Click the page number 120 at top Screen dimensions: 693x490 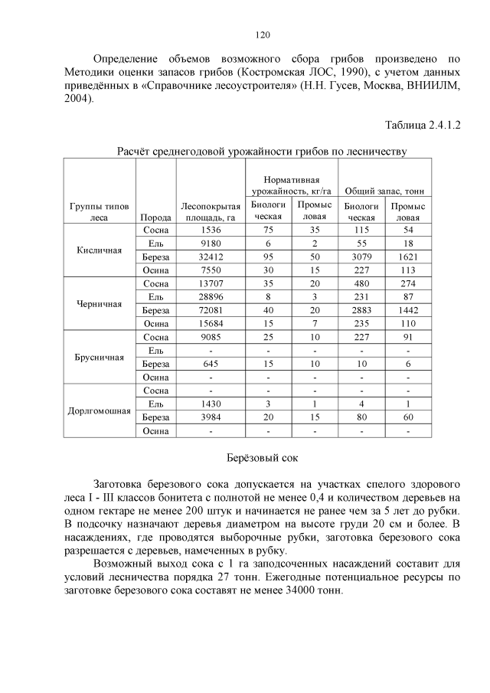pyautogui.click(x=261, y=34)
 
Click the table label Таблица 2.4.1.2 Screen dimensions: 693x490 pyautogui.click(x=423, y=124)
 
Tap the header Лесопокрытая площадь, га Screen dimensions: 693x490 pyautogui.click(x=210, y=211)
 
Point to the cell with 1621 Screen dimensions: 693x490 pyautogui.click(x=407, y=257)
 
